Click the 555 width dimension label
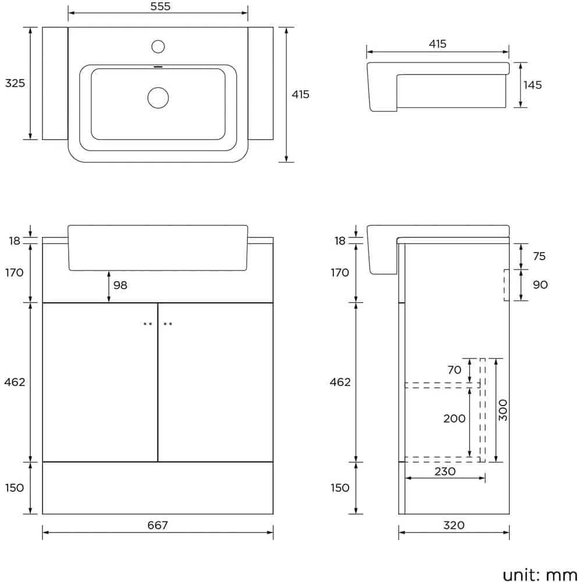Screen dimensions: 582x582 [x=158, y=6]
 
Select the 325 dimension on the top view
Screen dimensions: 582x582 [x=15, y=83]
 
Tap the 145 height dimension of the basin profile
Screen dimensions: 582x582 [x=532, y=85]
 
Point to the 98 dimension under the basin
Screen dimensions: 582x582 [x=120, y=285]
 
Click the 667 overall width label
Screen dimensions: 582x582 [x=158, y=526]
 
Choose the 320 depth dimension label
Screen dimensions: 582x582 [x=453, y=526]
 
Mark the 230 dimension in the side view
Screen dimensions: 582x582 [x=445, y=471]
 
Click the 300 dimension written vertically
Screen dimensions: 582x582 [x=503, y=410]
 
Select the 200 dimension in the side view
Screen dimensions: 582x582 [x=454, y=418]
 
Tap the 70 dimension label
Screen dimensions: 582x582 [x=455, y=370]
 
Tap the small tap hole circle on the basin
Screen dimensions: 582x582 [x=158, y=46]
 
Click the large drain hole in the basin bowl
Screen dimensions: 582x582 [x=158, y=97]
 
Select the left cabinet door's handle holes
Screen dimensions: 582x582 [x=148, y=324]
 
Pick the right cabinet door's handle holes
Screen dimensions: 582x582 [x=168, y=324]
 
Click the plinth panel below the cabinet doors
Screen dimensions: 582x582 [x=158, y=488]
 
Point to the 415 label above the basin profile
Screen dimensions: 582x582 [x=438, y=44]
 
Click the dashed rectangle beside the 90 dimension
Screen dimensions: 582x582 [x=507, y=285]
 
